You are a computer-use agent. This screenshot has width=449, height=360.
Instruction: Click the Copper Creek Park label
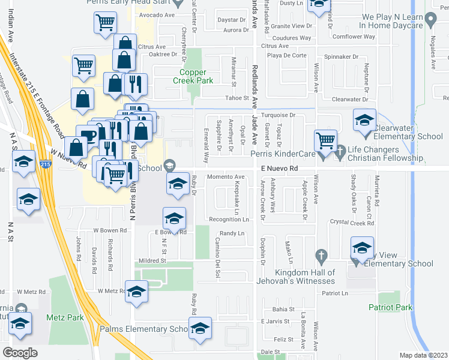[193, 76]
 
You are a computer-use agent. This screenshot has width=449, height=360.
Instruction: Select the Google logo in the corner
[20, 353]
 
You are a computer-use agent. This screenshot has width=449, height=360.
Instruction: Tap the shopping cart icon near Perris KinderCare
[325, 141]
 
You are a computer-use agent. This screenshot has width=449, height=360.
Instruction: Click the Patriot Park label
[391, 307]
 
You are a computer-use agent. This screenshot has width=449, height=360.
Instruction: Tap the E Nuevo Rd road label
[279, 170]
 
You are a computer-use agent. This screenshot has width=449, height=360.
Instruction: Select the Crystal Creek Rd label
[352, 223]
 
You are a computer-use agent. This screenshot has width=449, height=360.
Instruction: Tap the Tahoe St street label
[237, 98]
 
